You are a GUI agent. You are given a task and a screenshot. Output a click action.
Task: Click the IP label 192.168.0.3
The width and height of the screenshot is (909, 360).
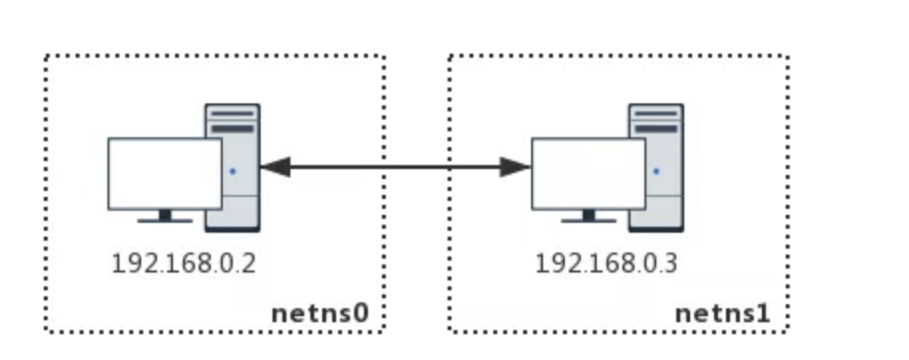(606, 264)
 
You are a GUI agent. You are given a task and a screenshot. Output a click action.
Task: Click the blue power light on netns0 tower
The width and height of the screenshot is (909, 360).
(233, 171)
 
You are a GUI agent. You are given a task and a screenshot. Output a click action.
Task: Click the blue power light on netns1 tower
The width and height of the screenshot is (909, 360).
(656, 171)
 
